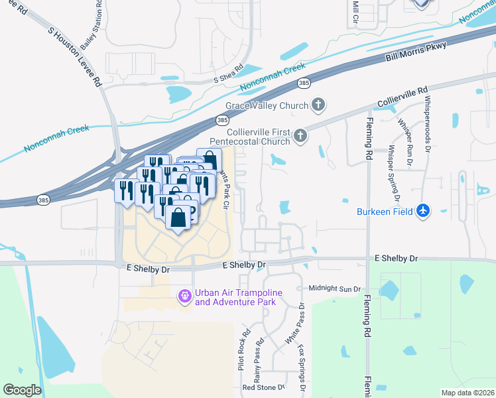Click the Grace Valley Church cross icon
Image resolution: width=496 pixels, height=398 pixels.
coord(319,105)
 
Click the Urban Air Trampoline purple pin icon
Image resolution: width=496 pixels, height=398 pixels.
coord(184,296)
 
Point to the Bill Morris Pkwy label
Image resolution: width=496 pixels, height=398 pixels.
coord(417,52)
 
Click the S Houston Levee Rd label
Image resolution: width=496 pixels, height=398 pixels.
coord(74,57)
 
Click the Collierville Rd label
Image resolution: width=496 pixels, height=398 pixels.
coord(403,98)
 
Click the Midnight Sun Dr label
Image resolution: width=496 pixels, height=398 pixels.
coord(335,289)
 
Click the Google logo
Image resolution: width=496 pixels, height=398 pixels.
coord(22,390)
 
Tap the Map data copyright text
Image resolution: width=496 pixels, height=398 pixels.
coord(467,393)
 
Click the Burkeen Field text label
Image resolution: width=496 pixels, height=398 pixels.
coord(384,212)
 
